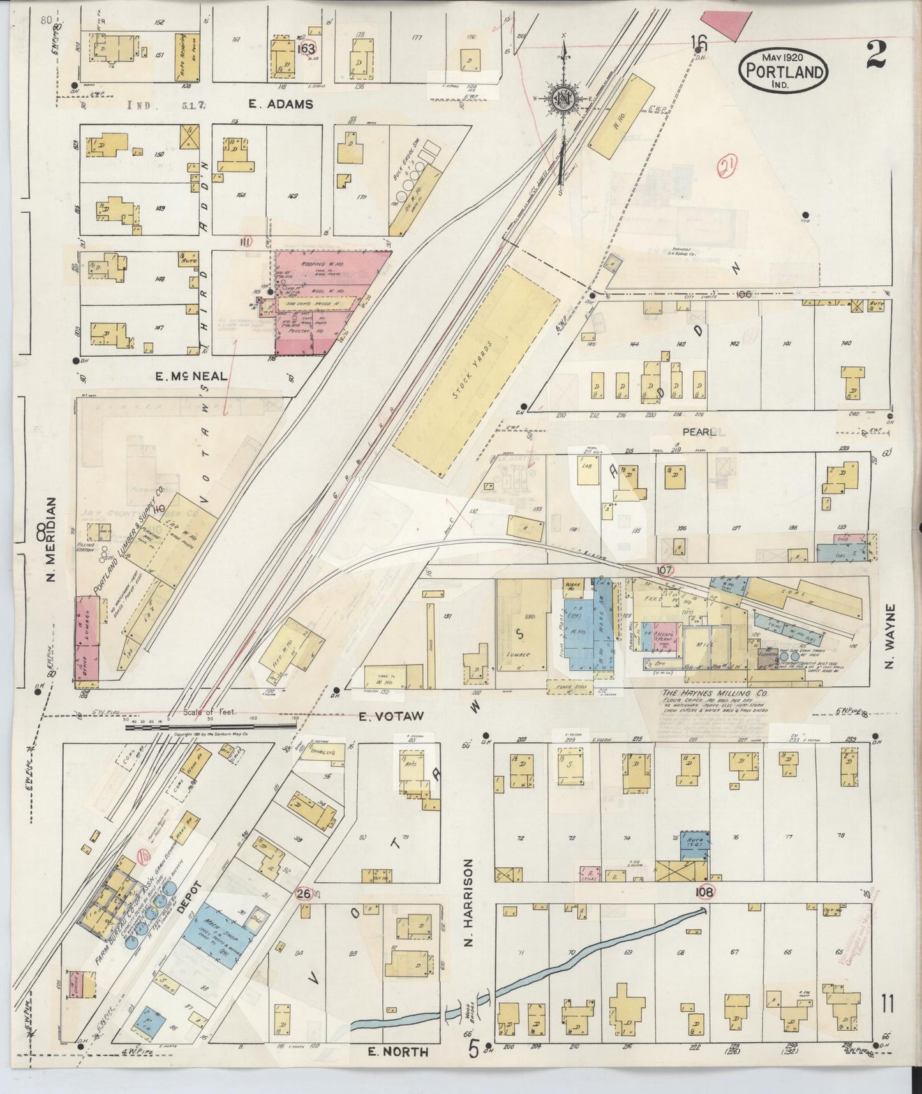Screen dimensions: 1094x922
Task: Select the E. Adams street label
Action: point(281,104)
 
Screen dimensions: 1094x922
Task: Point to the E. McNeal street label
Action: point(191,376)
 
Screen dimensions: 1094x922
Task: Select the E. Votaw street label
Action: point(383,716)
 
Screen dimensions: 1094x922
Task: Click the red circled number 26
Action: point(304,894)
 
